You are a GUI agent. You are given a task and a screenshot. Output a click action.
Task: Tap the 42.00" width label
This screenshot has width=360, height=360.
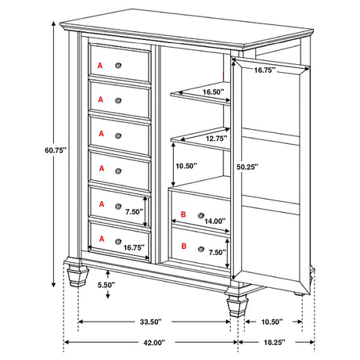[153, 343]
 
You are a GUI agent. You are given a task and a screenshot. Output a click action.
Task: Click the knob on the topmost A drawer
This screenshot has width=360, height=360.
[118, 63]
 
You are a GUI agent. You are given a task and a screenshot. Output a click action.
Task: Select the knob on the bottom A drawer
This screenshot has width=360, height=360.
[118, 240]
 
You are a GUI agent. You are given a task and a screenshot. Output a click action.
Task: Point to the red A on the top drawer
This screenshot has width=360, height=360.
[99, 63]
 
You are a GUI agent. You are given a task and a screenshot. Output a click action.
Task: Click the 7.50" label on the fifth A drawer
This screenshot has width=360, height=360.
[133, 211]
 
